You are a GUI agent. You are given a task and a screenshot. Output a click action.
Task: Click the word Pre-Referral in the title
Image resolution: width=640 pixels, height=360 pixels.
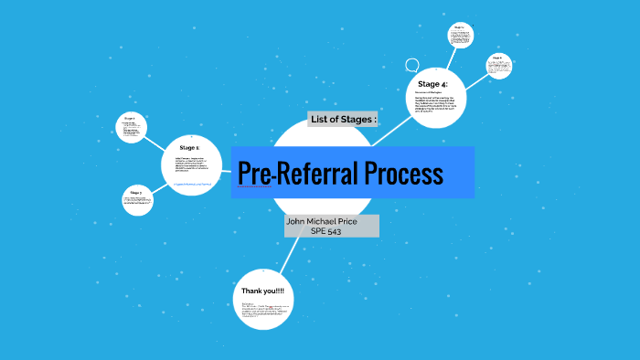293,174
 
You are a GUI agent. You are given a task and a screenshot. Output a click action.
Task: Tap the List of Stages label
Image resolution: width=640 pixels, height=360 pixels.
344,119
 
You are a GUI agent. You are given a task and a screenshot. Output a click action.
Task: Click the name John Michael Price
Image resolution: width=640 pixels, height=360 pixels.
331,222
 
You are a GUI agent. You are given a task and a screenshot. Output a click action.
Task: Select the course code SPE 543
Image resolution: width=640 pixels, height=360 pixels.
331,232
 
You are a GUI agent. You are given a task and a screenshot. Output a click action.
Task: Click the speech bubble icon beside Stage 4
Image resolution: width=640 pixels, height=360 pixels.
412,66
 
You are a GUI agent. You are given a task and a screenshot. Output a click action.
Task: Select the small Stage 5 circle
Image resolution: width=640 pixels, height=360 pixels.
460,37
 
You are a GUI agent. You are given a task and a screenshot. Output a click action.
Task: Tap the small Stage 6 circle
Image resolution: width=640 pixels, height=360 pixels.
498,66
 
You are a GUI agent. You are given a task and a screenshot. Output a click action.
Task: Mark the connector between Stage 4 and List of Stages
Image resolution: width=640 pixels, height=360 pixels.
389,130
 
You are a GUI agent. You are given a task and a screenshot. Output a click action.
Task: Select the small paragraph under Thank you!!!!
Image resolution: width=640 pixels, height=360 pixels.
264,311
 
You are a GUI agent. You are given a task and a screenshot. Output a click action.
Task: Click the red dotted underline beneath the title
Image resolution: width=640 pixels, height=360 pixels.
253,186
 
